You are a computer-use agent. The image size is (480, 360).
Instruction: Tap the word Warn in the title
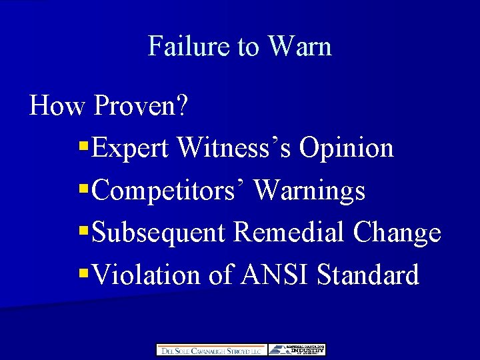pyautogui.click(x=299, y=46)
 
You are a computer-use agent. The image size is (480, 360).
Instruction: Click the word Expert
pyautogui.click(x=131, y=148)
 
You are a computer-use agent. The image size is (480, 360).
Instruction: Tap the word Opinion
pyautogui.click(x=347, y=148)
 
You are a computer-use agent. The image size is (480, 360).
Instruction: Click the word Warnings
pyautogui.click(x=310, y=191)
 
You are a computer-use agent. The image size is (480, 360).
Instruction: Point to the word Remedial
pyautogui.click(x=291, y=232)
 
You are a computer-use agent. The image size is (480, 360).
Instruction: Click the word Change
pyautogui.click(x=397, y=233)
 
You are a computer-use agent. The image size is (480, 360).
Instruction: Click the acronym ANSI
pyautogui.click(x=271, y=274)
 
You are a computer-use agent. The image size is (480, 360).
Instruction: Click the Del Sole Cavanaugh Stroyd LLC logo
pyautogui.click(x=211, y=350)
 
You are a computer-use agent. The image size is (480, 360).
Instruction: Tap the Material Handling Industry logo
pyautogui.click(x=297, y=350)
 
